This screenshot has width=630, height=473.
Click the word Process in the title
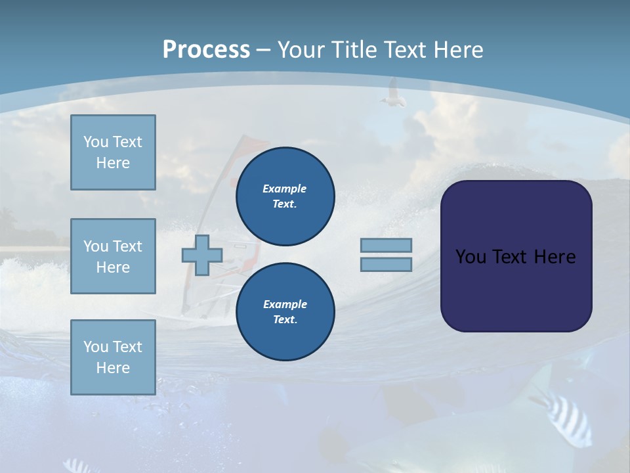(206, 50)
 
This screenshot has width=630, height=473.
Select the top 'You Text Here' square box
(113, 152)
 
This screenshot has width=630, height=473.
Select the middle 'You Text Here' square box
(113, 256)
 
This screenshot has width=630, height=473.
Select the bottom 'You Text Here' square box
(113, 357)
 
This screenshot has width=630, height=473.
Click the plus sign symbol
(202, 256)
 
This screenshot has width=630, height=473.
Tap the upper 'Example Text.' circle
(285, 196)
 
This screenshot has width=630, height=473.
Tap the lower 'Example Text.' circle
(285, 311)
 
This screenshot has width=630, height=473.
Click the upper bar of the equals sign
(386, 245)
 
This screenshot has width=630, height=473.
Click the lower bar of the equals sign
(386, 264)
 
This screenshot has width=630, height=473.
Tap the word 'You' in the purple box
(471, 257)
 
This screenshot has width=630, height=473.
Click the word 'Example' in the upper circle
(285, 189)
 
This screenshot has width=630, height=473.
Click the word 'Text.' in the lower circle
(285, 319)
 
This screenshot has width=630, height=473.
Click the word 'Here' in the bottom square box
(113, 368)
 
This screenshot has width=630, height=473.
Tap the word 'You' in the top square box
(95, 142)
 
